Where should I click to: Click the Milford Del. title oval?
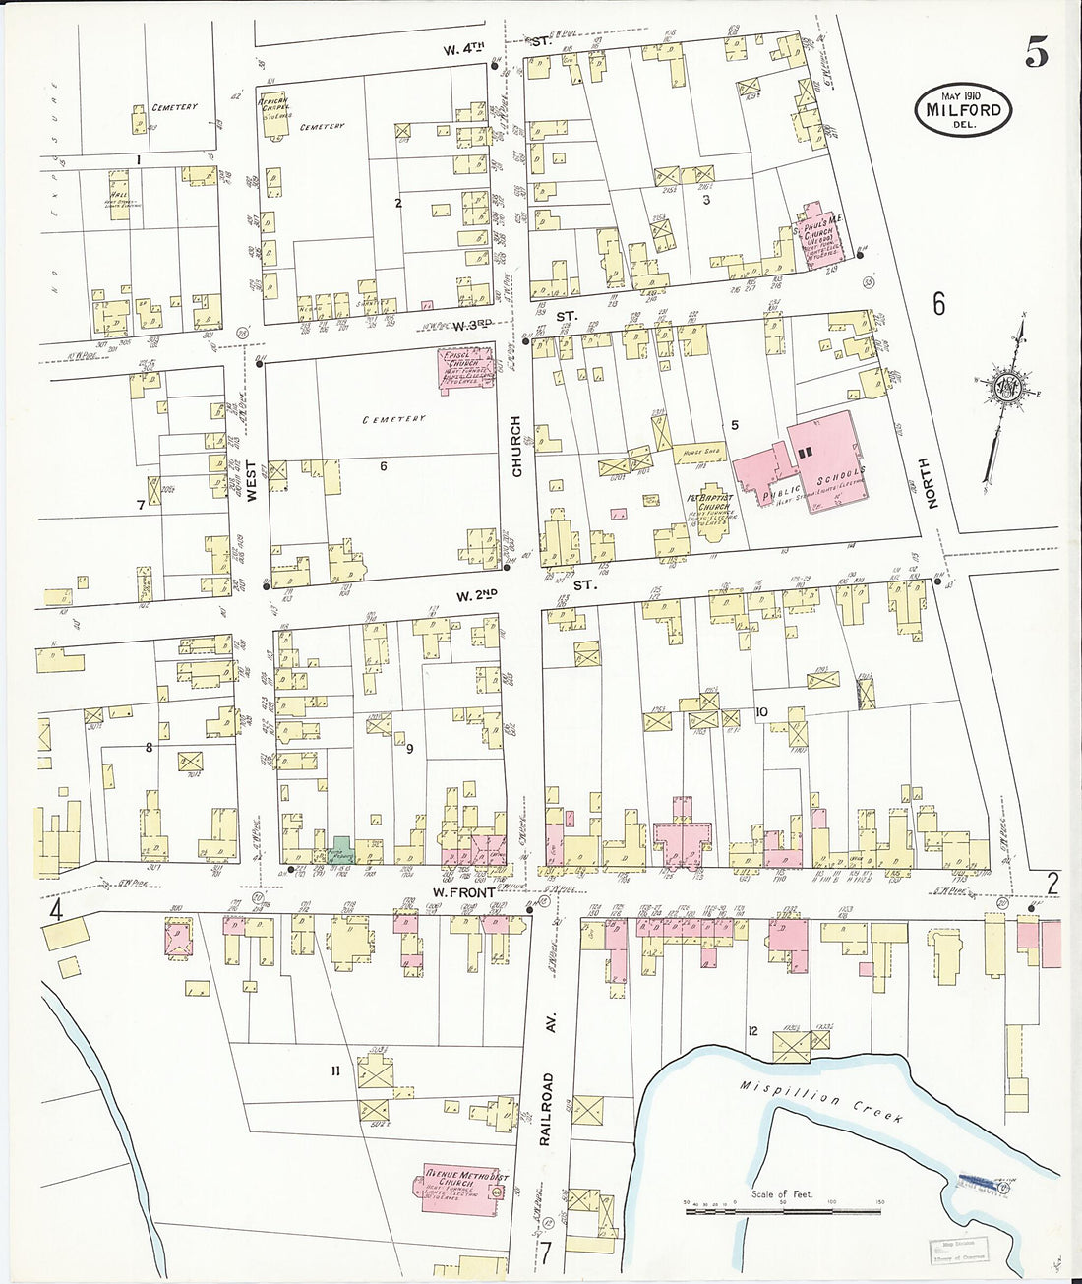click(963, 110)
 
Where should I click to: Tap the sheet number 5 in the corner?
click(1035, 52)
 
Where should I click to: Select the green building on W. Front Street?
click(340, 846)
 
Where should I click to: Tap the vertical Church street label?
click(516, 447)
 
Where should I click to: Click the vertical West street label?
click(252, 482)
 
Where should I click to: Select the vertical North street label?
click(932, 483)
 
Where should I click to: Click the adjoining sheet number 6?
click(939, 304)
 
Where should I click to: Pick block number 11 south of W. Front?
click(335, 1070)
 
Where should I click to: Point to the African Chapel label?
click(275, 107)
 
